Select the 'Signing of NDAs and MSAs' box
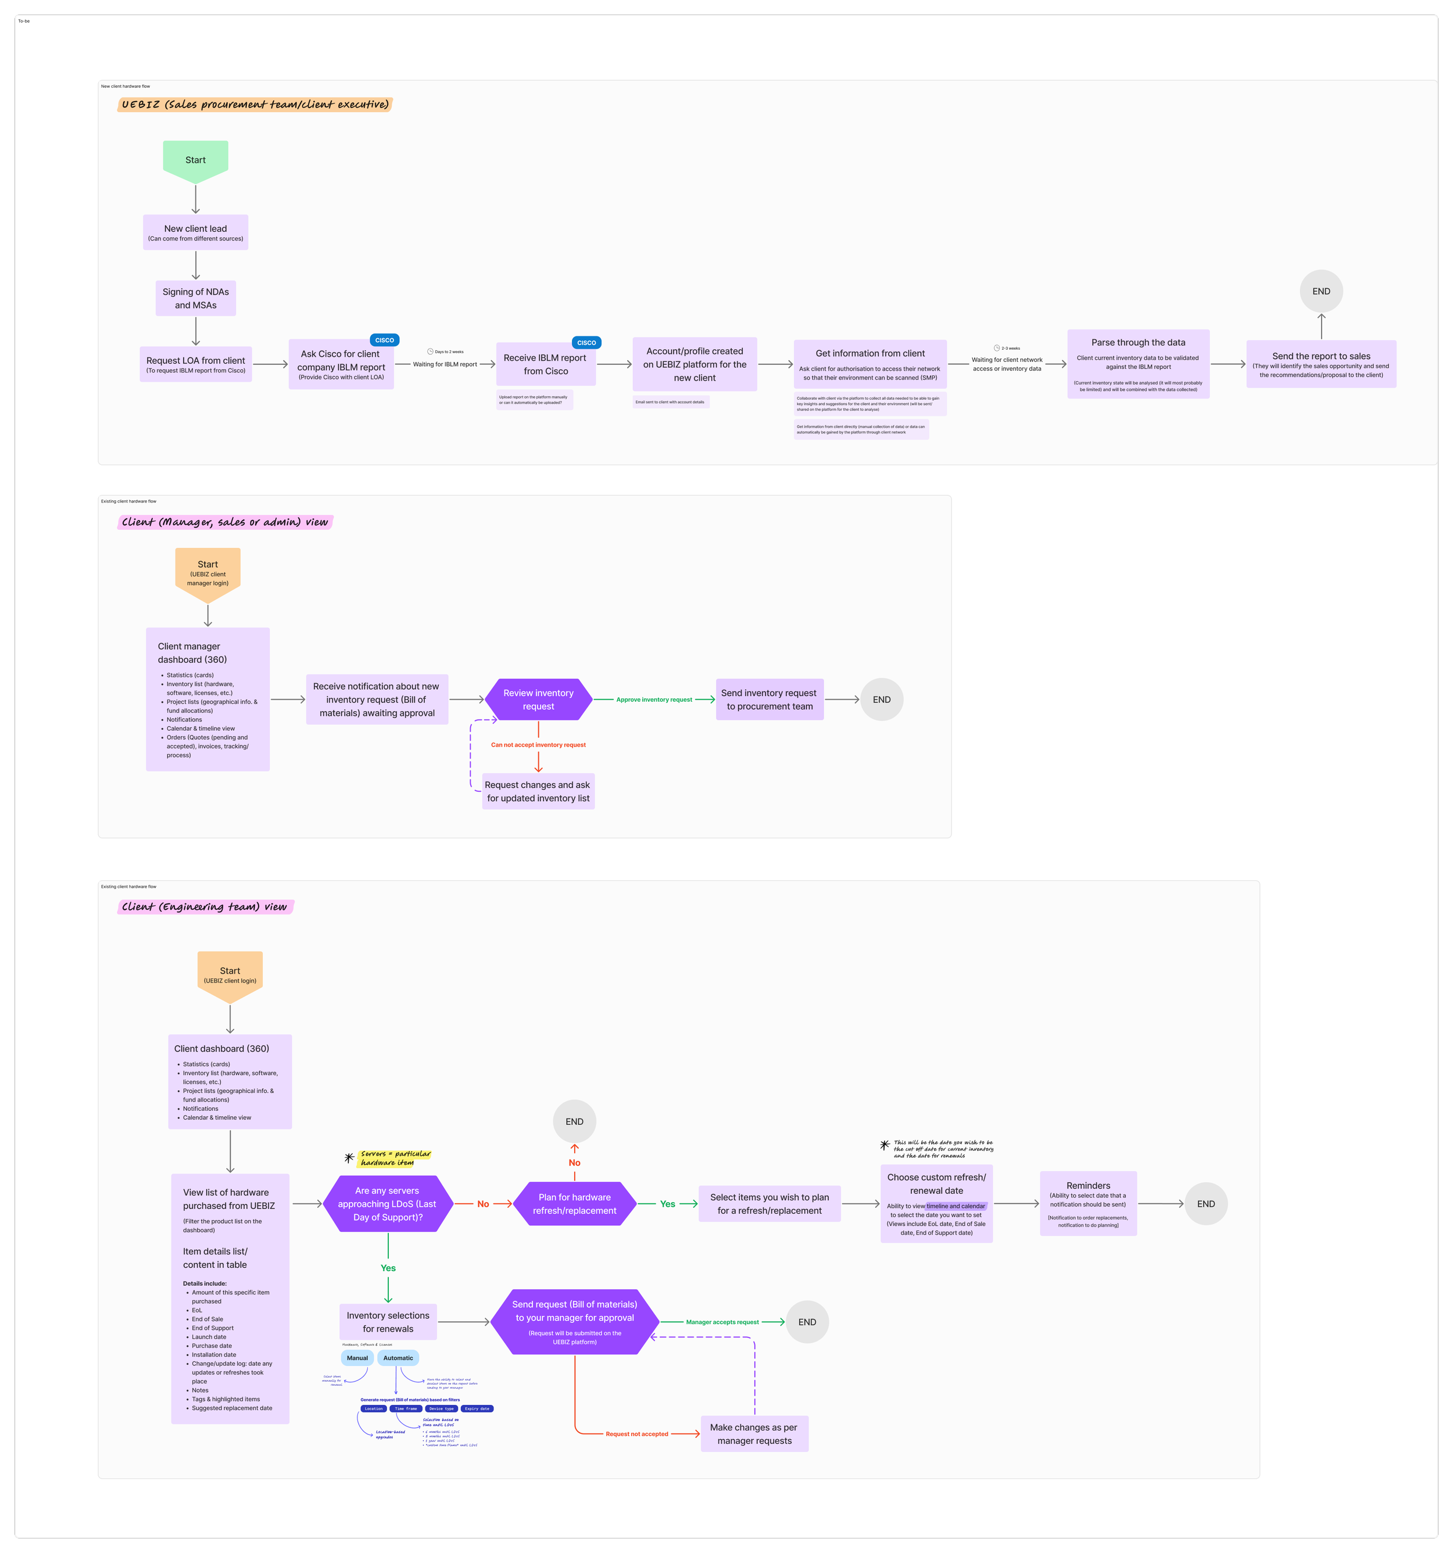[x=195, y=299]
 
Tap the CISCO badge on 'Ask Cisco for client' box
[x=385, y=340]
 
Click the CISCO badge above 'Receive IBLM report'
[x=586, y=342]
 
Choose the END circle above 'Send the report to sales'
[x=1321, y=292]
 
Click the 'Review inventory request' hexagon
[x=539, y=699]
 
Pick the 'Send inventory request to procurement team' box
[x=769, y=699]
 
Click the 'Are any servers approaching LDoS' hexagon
[x=388, y=1204]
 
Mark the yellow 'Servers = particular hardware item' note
[x=394, y=1158]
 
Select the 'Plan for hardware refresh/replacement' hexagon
[x=574, y=1204]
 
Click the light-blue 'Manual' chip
[x=357, y=1358]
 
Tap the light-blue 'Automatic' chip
[x=398, y=1358]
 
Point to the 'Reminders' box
[x=1088, y=1204]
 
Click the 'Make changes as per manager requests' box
[x=754, y=1433]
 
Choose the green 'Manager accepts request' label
[x=722, y=1322]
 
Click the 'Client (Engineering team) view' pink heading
[x=205, y=907]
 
